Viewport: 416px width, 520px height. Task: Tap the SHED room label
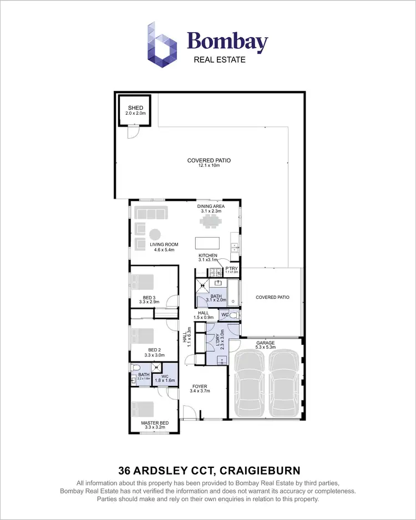[x=135, y=108]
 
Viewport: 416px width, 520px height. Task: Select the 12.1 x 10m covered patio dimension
[x=209, y=166]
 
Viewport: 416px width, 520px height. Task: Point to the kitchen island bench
[x=206, y=243]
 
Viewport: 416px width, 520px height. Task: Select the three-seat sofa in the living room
[x=151, y=213]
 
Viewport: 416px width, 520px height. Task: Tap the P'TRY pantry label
[x=231, y=269]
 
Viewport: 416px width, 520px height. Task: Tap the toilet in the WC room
[x=234, y=315]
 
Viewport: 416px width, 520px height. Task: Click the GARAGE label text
[x=265, y=343]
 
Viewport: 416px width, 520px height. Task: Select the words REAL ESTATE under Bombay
[x=219, y=60]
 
